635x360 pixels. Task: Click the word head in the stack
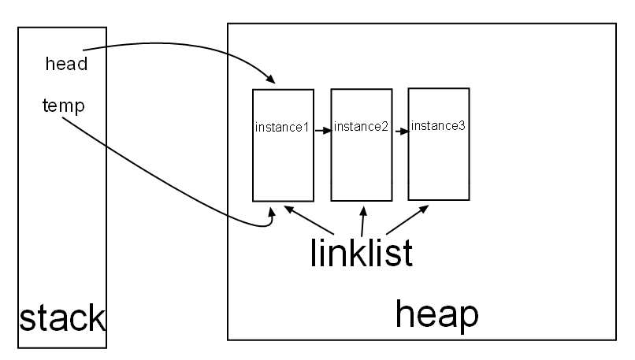coord(66,65)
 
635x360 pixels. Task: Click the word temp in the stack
coord(63,105)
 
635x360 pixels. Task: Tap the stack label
coord(61,318)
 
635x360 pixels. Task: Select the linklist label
coord(360,254)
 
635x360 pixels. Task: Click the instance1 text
coord(281,128)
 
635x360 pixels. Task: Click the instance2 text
coord(361,127)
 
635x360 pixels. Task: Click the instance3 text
coord(438,125)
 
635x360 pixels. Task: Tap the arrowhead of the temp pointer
coord(272,212)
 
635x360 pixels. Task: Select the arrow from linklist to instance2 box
coord(362,221)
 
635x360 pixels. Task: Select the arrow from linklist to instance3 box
coord(410,220)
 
